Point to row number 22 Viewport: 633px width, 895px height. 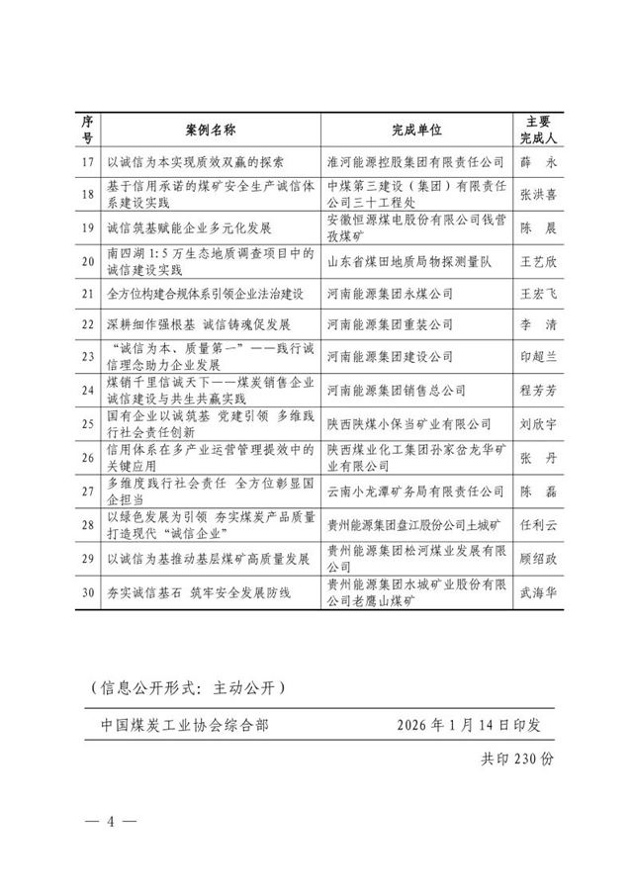pos(88,324)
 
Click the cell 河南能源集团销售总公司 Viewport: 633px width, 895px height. pos(397,390)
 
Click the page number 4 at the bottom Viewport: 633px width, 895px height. pos(112,823)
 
